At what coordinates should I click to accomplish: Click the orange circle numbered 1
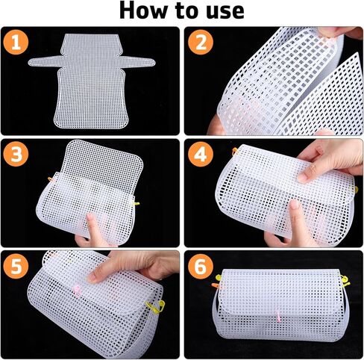click(16, 43)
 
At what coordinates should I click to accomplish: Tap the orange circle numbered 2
click(201, 43)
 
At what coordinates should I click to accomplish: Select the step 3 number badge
click(16, 155)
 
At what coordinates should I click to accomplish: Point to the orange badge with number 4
click(201, 155)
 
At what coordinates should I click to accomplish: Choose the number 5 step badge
click(16, 267)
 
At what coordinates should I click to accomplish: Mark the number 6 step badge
click(201, 267)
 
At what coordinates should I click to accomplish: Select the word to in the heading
click(188, 11)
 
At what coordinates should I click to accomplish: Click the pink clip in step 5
click(77, 291)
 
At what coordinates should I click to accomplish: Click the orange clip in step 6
click(215, 285)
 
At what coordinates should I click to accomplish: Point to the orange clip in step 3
click(51, 179)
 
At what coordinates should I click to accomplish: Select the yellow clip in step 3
click(136, 203)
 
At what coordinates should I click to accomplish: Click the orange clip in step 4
click(235, 151)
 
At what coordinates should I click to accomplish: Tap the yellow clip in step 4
click(357, 190)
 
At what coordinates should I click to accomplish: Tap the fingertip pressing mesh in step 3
click(90, 217)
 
